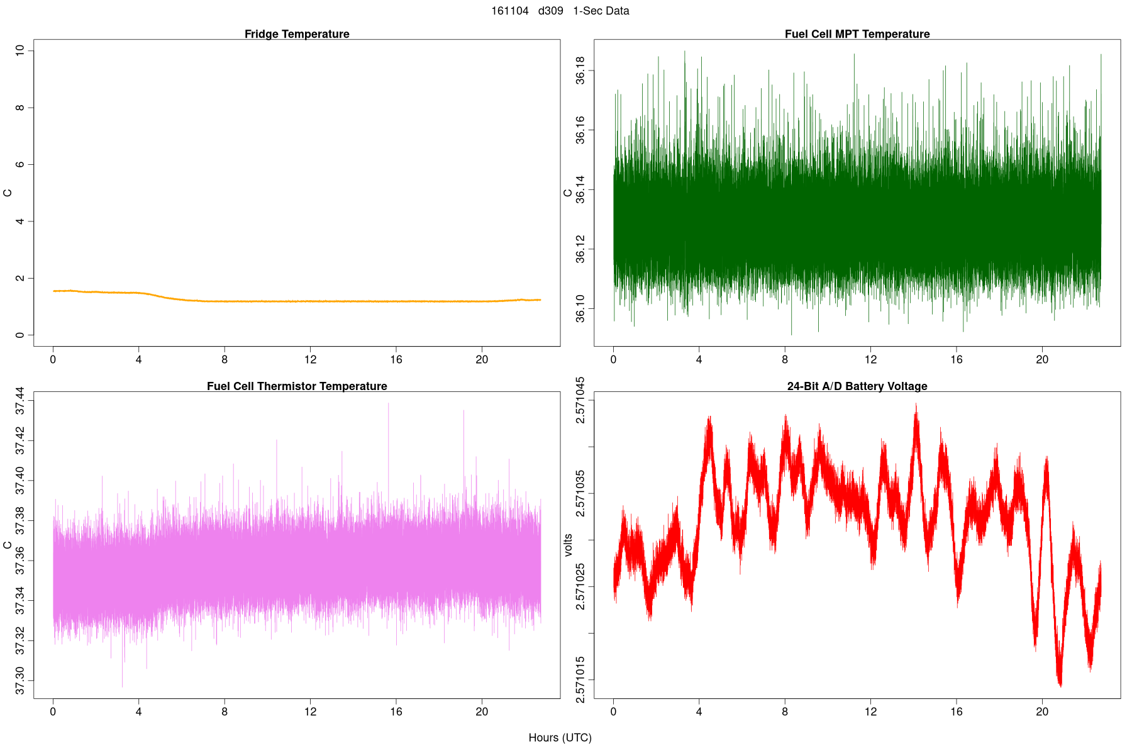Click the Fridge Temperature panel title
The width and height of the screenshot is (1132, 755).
pos(297,34)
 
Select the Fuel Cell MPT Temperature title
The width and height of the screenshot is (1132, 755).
pos(857,34)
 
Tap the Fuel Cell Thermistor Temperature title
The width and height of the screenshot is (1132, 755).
pos(297,386)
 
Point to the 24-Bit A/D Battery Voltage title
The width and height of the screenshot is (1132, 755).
pos(857,386)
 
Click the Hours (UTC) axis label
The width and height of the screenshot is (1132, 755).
pos(560,737)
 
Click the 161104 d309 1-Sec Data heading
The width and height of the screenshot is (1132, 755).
pos(560,11)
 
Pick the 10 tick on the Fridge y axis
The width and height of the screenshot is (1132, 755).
pos(20,50)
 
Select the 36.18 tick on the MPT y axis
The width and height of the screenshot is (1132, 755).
pos(580,70)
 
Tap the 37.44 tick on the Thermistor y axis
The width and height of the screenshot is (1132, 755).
pos(20,401)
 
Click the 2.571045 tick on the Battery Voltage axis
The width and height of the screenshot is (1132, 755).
pos(580,401)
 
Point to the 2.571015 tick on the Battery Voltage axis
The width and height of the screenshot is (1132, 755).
pos(580,679)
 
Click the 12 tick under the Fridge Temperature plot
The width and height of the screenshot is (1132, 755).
pos(310,360)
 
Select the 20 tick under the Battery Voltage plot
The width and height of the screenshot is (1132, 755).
pos(1042,712)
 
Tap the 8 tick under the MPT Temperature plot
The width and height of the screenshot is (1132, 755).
pos(785,360)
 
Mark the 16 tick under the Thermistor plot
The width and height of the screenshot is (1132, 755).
pos(396,712)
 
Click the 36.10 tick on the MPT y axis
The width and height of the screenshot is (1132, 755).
pos(580,308)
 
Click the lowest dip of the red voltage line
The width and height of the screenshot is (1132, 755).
pos(1060,685)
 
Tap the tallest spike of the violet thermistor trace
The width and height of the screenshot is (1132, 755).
pos(388,404)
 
